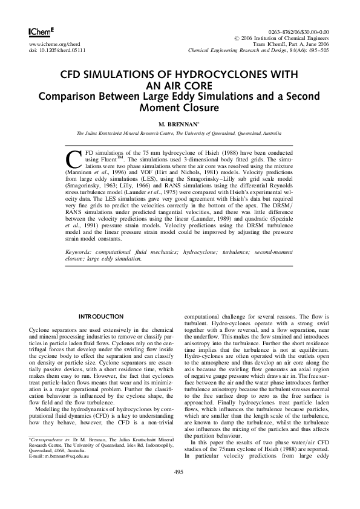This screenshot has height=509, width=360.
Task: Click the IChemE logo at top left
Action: click(42, 31)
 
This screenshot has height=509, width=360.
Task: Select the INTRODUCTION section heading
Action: click(102, 317)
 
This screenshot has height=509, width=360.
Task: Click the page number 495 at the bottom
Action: click(179, 488)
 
